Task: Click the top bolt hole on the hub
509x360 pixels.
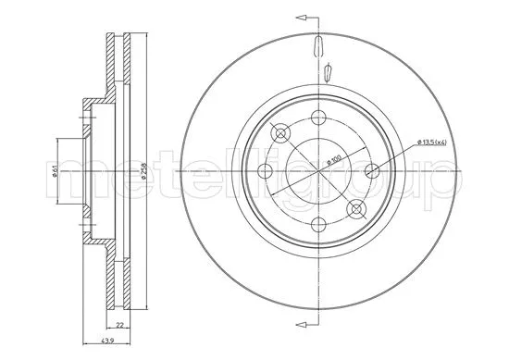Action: coord(317,117)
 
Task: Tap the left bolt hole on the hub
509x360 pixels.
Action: coord(262,170)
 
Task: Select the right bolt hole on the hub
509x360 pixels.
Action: coord(373,170)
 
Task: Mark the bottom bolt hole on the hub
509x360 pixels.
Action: coord(317,225)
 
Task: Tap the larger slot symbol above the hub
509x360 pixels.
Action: coord(317,45)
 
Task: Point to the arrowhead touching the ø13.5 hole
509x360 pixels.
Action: coord(380,168)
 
